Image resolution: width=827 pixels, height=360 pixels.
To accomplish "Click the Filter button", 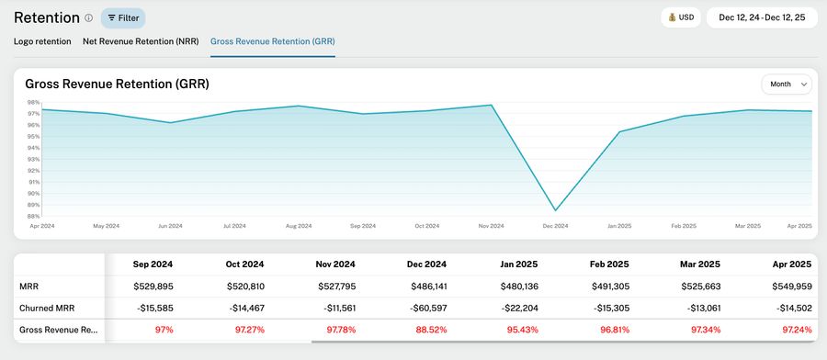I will (123, 17).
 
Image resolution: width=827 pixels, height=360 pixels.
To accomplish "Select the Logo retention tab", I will (42, 41).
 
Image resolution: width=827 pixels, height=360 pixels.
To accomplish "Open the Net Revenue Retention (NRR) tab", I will (141, 41).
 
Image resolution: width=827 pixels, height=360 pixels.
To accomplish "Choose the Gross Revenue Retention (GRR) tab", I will (272, 41).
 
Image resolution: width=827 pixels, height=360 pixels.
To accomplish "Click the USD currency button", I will (681, 17).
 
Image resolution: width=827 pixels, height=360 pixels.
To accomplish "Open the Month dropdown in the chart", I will (786, 84).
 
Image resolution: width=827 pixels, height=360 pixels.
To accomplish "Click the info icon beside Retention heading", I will (89, 17).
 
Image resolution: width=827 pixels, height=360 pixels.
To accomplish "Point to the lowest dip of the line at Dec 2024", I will (555, 210).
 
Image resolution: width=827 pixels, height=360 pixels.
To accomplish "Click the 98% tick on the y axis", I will (33, 103).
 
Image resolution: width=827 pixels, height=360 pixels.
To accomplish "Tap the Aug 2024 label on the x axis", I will (299, 226).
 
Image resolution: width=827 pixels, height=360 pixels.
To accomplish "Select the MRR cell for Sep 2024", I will (153, 286).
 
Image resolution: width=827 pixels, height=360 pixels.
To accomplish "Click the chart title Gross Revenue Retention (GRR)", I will (117, 84).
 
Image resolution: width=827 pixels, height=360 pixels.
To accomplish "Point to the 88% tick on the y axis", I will (33, 216).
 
